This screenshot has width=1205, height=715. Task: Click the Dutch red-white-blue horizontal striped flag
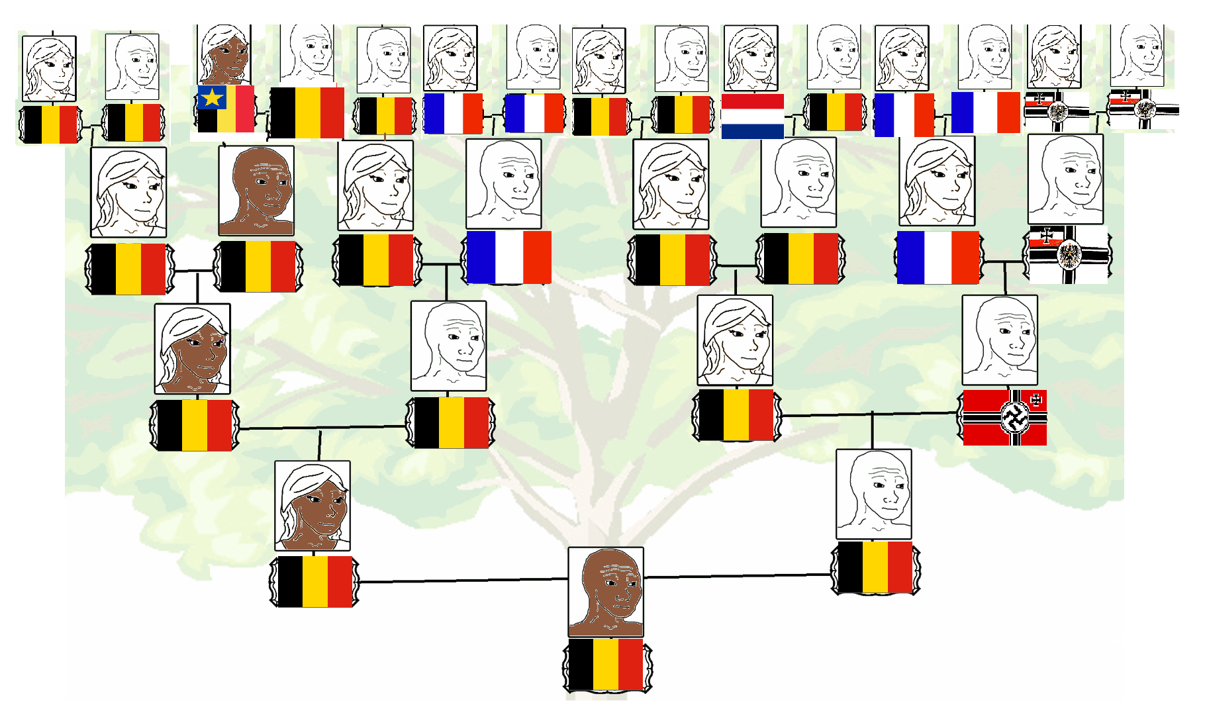tap(752, 116)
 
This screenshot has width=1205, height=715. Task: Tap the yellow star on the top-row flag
tap(211, 98)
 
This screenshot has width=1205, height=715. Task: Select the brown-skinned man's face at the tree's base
tap(606, 591)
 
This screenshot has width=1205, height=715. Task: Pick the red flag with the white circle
tap(1004, 417)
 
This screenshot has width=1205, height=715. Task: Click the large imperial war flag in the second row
tap(1068, 255)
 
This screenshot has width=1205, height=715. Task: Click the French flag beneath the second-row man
tap(508, 258)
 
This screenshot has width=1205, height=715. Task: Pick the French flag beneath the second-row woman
tap(938, 258)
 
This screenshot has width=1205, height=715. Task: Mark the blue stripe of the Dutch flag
tap(752, 131)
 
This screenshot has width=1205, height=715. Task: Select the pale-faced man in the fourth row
tap(874, 494)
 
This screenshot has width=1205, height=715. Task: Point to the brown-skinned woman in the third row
tap(193, 349)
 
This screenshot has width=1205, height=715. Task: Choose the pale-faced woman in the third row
tap(735, 340)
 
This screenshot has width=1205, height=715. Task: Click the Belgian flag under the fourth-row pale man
tap(875, 567)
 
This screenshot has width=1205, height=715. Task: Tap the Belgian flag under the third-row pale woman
tap(736, 415)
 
